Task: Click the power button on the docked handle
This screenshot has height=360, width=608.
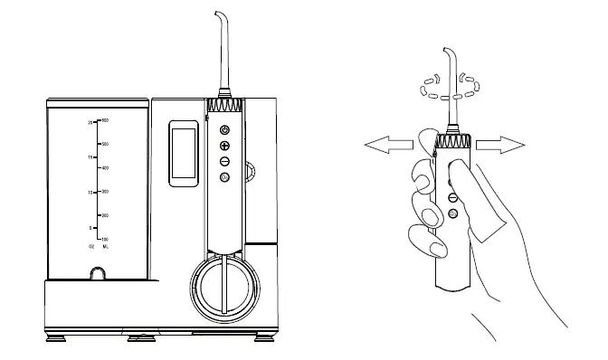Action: pyautogui.click(x=225, y=131)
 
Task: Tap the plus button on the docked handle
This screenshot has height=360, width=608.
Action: pyautogui.click(x=225, y=146)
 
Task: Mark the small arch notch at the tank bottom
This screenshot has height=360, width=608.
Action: pyautogui.click(x=96, y=274)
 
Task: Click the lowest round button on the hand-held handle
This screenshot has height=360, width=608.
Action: pyautogui.click(x=451, y=213)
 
